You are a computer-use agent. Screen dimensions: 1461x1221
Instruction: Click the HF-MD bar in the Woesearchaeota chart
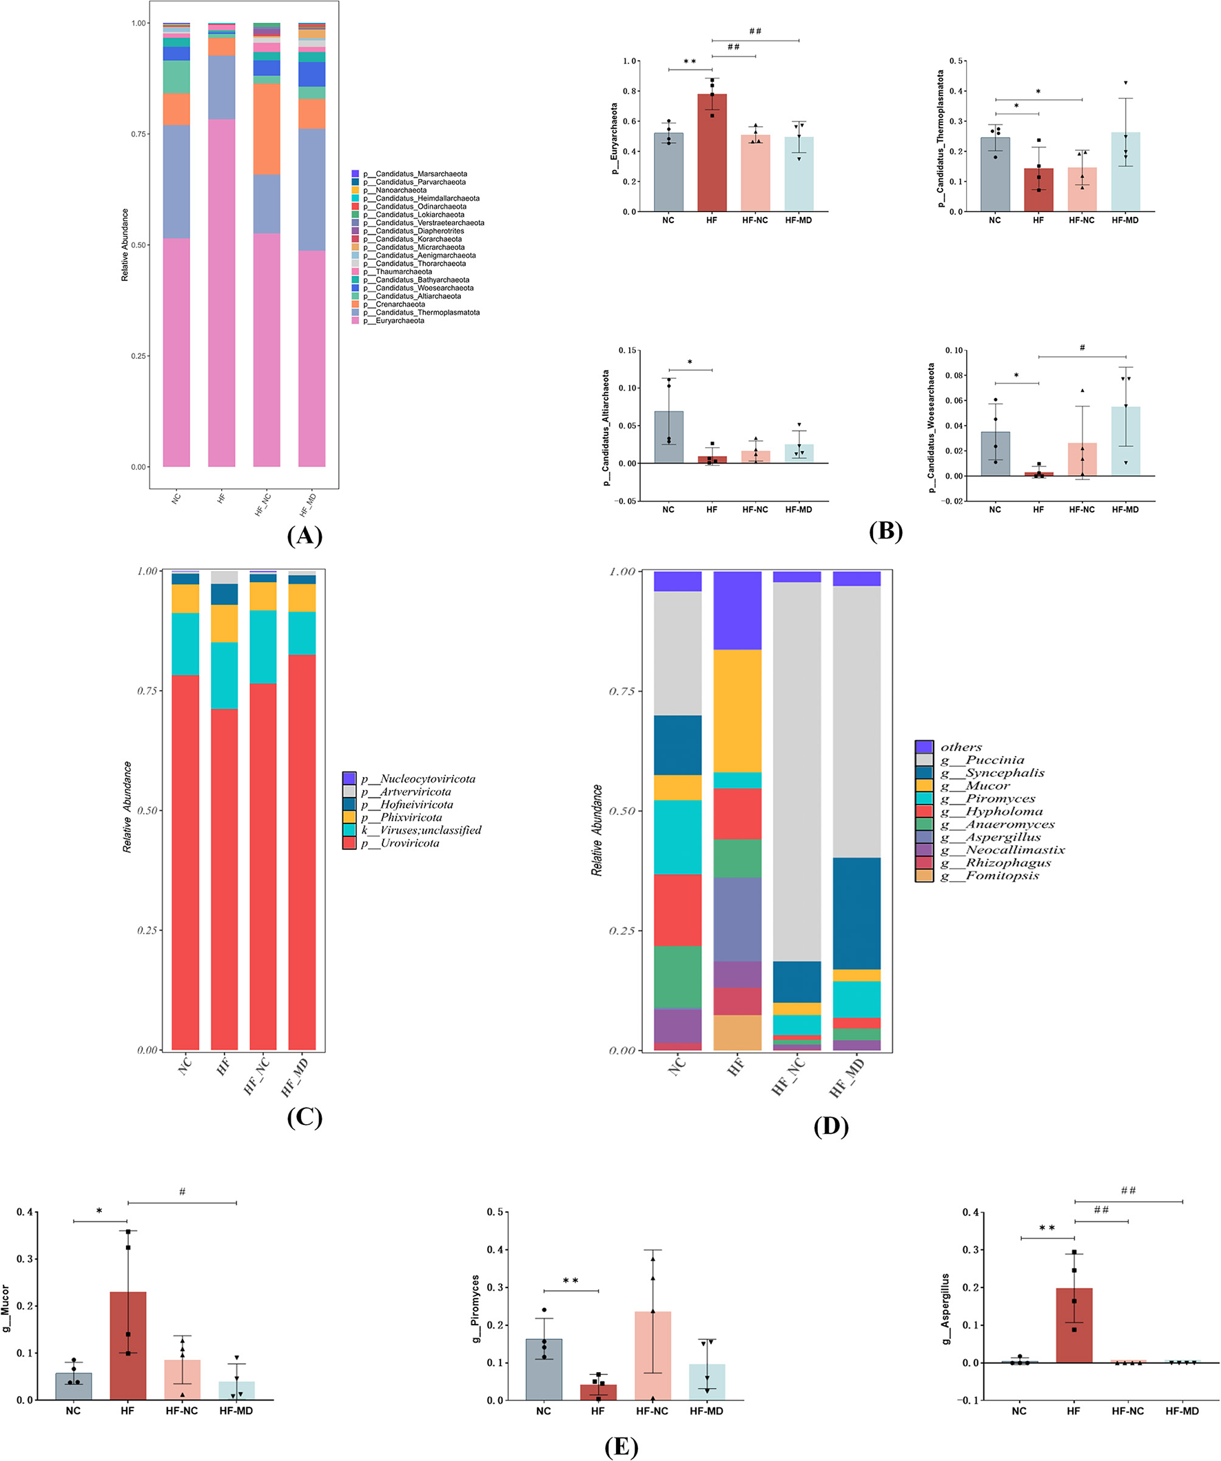[1125, 441]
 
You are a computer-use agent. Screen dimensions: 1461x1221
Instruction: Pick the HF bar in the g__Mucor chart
[128, 1345]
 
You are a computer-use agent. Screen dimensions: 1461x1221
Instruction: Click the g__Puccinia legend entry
[982, 760]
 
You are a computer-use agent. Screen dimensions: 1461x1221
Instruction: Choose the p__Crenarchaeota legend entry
[400, 304]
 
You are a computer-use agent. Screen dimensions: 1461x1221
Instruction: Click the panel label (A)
[304, 536]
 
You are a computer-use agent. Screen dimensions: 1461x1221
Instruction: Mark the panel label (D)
[830, 1126]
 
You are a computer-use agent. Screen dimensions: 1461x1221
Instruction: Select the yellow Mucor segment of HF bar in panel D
[737, 710]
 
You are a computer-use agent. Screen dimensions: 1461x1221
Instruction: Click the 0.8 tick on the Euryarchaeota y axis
[630, 91]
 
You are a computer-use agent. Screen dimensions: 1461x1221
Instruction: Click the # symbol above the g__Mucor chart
[183, 1192]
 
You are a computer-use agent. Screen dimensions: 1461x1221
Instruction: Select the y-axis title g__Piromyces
[476, 1309]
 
